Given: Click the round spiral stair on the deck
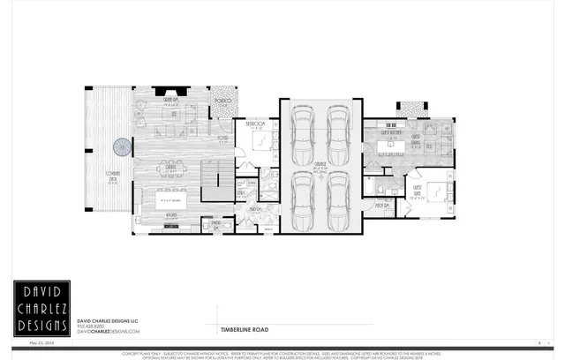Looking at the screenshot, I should [x=119, y=145].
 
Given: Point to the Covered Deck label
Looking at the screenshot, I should [x=113, y=175].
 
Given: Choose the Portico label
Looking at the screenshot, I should [x=224, y=102].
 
